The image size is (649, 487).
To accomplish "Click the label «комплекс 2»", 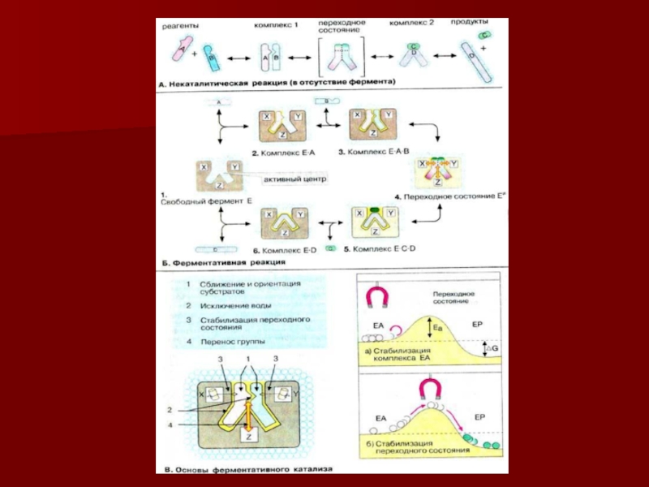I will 412,24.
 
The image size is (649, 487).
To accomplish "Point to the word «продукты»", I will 468,22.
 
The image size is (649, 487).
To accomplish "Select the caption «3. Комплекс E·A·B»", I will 374,152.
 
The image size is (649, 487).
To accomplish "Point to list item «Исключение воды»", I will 237,306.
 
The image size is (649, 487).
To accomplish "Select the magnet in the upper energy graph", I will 379,297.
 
